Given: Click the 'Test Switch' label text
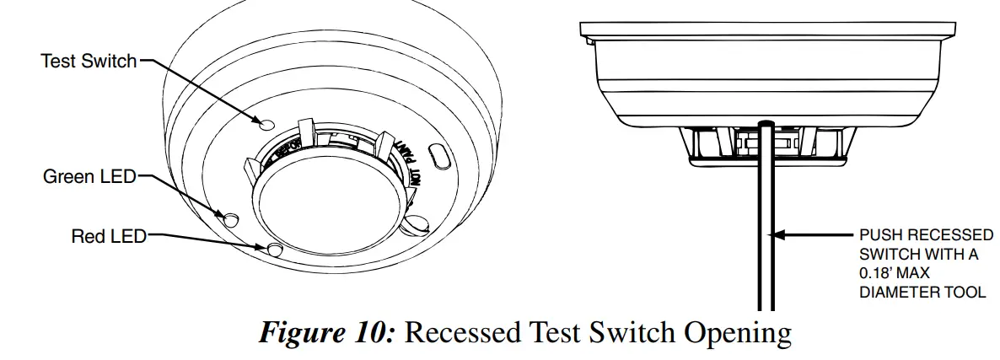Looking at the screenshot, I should (88, 61).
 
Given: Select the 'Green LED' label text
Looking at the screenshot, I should (89, 177).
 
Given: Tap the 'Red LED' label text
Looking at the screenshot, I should (108, 237).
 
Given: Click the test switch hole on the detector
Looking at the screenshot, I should (266, 123).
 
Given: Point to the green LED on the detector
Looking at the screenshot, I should (229, 218).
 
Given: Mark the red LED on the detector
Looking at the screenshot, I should (274, 248).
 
